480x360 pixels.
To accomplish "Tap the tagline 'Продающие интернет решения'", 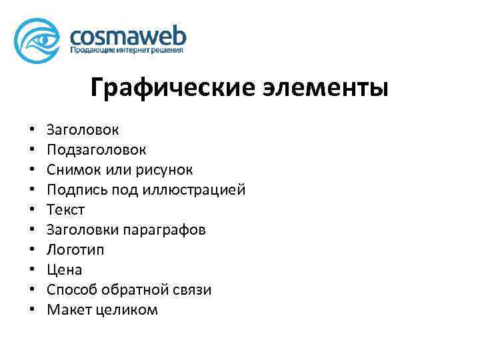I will [127, 50].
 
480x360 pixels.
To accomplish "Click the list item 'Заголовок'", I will [84, 130].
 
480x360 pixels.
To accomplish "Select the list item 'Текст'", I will [66, 210].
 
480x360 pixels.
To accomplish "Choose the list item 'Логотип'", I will [75, 250].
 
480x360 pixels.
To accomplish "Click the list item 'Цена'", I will [65, 270].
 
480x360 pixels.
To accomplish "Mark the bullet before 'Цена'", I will [31, 271].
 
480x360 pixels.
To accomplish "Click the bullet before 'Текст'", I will [31, 211].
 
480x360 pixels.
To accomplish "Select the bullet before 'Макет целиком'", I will [31, 311].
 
